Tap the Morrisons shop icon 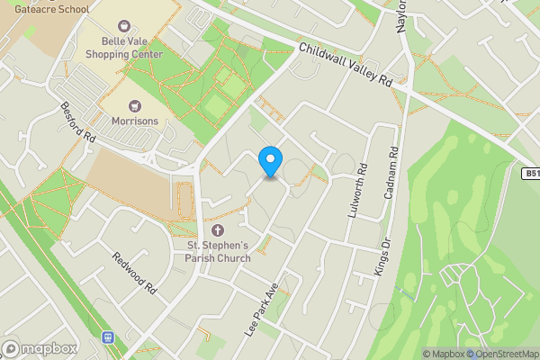(x=135, y=105)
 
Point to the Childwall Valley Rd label (x=346, y=65)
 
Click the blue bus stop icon (x=108, y=337)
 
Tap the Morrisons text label (x=135, y=121)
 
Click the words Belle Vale (x=124, y=41)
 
